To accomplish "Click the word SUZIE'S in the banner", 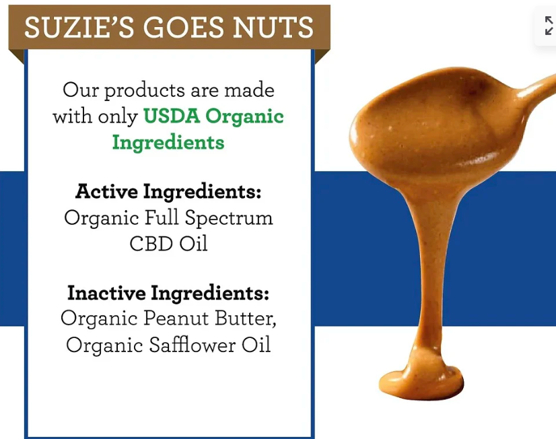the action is [x=79, y=27].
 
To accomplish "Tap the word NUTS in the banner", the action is [x=273, y=28].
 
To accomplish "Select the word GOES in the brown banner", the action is [x=183, y=28].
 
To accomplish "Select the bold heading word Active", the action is [x=106, y=191].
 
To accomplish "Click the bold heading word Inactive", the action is [x=106, y=293].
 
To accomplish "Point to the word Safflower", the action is [x=192, y=344].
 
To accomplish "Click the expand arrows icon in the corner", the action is [x=549, y=26].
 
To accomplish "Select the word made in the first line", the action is [x=249, y=90].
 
